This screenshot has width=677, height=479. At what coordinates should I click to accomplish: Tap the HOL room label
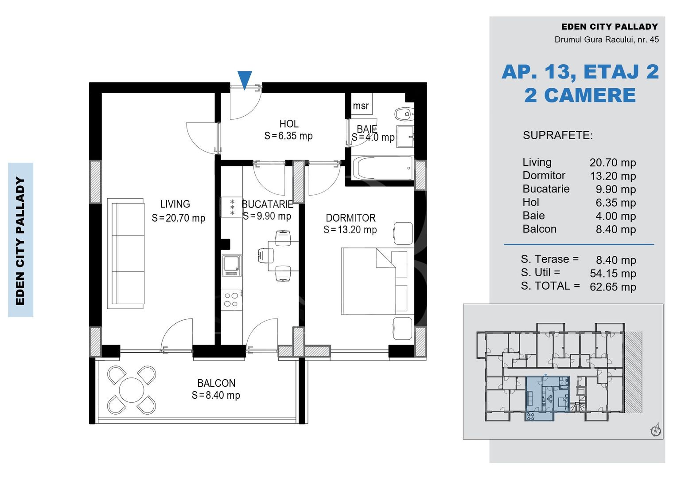[289, 124]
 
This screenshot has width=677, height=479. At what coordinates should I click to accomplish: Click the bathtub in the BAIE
[383, 168]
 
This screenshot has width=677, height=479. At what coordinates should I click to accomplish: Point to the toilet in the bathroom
[404, 114]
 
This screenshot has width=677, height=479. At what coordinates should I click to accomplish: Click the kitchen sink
[232, 266]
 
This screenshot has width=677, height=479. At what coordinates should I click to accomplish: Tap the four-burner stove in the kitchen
[232, 299]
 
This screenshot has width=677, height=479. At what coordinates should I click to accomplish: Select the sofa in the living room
[125, 254]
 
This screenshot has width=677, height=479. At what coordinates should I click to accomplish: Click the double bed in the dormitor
[377, 281]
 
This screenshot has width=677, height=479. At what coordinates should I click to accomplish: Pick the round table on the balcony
[132, 390]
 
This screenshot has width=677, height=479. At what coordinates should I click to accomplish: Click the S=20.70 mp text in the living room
[178, 218]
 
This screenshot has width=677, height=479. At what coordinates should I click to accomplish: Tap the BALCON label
[216, 383]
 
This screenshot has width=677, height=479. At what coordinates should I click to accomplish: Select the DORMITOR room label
[350, 218]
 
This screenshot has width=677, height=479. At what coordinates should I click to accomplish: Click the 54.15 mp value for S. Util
[613, 274]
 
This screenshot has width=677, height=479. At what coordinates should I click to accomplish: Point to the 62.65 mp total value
[613, 287]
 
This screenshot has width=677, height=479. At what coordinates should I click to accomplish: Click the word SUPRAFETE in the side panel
[558, 135]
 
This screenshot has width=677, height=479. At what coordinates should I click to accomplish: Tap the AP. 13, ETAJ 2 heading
[580, 72]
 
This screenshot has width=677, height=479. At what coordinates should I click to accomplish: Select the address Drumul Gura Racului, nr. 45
[607, 39]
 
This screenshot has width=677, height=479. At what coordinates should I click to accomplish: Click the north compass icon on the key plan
[655, 430]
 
